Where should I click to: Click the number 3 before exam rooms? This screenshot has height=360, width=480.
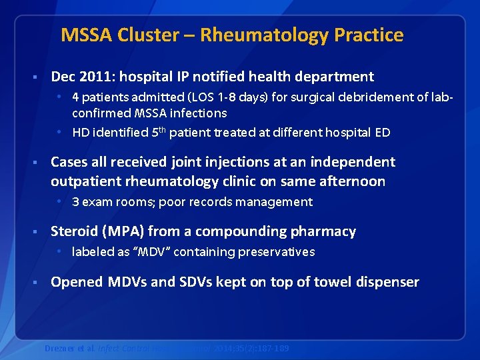(76, 202)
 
